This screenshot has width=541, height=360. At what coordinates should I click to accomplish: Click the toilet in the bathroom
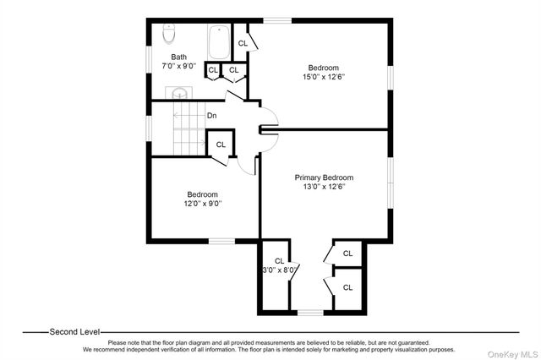coord(169,34)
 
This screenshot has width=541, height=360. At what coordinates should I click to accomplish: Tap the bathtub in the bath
coord(219,42)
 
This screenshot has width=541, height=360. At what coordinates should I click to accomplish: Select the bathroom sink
coord(178,94)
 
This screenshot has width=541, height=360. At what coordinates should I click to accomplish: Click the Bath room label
coord(178,57)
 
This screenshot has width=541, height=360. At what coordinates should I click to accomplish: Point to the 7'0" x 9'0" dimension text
coord(178,66)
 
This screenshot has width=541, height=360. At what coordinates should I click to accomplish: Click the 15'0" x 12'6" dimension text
coord(323,77)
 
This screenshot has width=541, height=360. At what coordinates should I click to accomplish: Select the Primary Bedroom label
coord(324,177)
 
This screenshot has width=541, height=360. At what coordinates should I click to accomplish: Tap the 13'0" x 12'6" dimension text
coord(324,187)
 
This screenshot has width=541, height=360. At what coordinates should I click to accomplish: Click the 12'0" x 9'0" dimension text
coord(203,204)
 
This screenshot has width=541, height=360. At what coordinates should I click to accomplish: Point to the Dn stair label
coord(212,116)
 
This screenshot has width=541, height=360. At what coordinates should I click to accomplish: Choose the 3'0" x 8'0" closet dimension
coord(280,270)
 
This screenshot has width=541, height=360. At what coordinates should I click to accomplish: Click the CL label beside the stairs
coord(221,145)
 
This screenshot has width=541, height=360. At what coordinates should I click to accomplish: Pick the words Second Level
coord(74,332)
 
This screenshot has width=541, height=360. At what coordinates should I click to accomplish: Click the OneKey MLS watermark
coord(513,354)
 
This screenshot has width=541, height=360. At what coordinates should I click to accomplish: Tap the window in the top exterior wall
coord(277,20)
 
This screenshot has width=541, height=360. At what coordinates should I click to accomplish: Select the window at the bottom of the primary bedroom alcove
coord(310,313)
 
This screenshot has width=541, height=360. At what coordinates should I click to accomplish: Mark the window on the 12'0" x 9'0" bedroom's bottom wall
coord(221,241)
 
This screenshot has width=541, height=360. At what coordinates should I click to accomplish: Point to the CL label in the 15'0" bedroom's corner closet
coord(243,43)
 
